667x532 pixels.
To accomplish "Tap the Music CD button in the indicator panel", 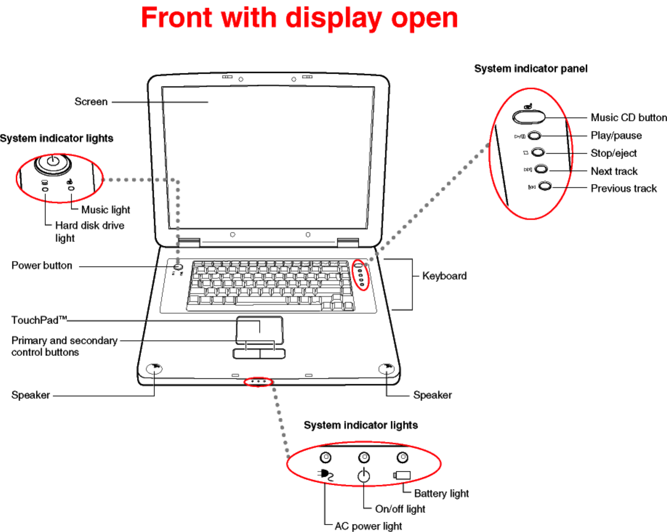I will (x=529, y=117).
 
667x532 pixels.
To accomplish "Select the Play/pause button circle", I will (x=534, y=136).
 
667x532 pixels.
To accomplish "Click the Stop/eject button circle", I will (x=538, y=152).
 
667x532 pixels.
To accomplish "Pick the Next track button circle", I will (x=541, y=169).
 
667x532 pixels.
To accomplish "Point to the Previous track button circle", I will (x=545, y=186).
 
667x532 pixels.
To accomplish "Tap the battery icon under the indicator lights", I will (x=402, y=475).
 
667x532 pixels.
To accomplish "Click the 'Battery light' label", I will (x=441, y=494).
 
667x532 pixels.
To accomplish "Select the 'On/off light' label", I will (x=400, y=509).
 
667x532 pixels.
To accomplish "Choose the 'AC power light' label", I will (x=368, y=526).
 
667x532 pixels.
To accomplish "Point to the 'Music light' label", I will (x=105, y=210).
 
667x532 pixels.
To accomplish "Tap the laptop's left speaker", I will (x=154, y=369).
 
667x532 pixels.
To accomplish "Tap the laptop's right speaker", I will (x=386, y=369).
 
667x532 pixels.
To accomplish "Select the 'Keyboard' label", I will (x=444, y=276).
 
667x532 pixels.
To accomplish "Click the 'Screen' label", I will (x=91, y=102).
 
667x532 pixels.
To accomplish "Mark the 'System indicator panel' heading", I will (x=530, y=69).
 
